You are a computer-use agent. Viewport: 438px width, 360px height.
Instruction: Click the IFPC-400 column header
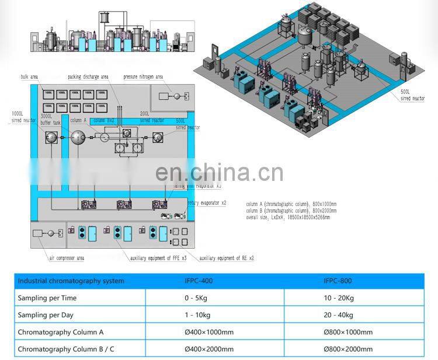pyautogui.click(x=199, y=281)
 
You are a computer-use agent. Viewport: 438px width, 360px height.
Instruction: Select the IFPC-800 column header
pyautogui.click(x=338, y=281)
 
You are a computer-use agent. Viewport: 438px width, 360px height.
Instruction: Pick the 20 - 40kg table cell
pyautogui.click(x=338, y=314)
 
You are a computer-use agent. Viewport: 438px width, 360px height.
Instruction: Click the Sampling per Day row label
pyautogui.click(x=47, y=314)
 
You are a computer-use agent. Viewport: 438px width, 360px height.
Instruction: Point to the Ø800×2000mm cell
pyautogui.click(x=347, y=349)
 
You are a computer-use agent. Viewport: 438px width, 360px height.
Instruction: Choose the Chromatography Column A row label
pyautogui.click(x=61, y=331)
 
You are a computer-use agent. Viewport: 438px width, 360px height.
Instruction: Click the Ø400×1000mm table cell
pyautogui.click(x=209, y=331)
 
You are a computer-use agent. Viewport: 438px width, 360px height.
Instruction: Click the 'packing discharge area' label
pyautogui.click(x=88, y=76)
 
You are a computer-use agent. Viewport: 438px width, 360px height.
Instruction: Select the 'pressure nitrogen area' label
pyautogui.click(x=143, y=76)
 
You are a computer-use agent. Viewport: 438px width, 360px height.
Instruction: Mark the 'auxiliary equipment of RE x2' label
pyautogui.click(x=227, y=257)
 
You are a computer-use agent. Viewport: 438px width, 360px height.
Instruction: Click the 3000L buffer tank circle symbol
pyautogui.click(x=78, y=137)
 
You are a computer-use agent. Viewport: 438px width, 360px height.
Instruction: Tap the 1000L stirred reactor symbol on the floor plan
pyautogui.click(x=51, y=137)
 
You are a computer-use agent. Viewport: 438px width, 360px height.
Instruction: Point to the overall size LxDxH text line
pyautogui.click(x=288, y=217)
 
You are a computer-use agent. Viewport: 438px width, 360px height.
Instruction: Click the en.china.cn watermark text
pyautogui.click(x=220, y=173)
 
